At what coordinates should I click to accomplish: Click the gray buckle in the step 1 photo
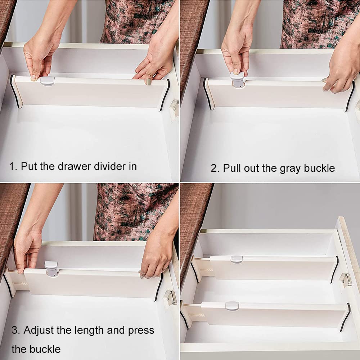point(47,81)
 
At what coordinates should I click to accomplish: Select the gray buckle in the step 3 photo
point(51,269)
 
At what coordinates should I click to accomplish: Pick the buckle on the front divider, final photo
point(232,306)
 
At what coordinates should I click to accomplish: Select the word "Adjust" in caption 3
point(39,331)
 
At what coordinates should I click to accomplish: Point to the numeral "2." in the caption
point(215,168)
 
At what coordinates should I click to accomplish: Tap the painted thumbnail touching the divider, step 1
point(148,81)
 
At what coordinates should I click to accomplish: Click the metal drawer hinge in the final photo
point(346,279)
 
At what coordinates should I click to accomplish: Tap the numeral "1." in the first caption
point(13,166)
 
